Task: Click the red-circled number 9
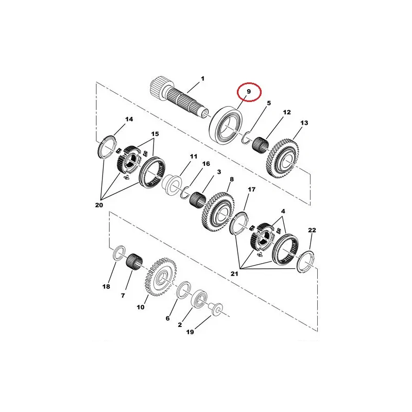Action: click(249, 92)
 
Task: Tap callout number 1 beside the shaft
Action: click(202, 79)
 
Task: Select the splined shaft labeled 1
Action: click(179, 98)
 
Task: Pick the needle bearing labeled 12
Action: click(260, 146)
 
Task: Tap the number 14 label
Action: click(129, 119)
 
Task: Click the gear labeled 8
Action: click(218, 212)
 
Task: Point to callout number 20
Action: click(99, 205)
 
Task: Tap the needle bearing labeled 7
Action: click(134, 261)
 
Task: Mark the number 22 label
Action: click(312, 230)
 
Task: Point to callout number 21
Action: click(234, 274)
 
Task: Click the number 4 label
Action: click(283, 211)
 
